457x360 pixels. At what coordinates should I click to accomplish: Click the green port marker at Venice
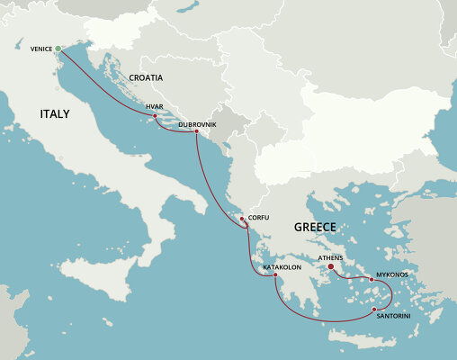58,49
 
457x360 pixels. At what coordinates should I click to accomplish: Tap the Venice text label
40,49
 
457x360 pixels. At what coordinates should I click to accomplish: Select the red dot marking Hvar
156,116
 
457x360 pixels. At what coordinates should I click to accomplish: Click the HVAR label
154,106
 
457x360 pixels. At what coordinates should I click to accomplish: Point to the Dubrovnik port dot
196,132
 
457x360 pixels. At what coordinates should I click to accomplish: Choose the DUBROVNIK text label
197,123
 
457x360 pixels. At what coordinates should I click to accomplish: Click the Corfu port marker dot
241,219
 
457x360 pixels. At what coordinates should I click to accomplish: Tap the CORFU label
258,218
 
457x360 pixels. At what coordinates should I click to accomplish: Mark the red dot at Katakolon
276,275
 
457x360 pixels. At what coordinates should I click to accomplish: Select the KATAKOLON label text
282,267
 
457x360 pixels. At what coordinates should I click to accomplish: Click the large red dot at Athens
331,266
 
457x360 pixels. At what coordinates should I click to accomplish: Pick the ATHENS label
331,257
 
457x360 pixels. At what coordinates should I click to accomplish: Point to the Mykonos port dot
372,280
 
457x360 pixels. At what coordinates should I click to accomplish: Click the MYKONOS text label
392,274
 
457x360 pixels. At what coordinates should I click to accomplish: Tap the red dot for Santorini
374,310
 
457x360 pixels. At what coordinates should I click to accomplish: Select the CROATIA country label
145,78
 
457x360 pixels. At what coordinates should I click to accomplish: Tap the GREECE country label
315,228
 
